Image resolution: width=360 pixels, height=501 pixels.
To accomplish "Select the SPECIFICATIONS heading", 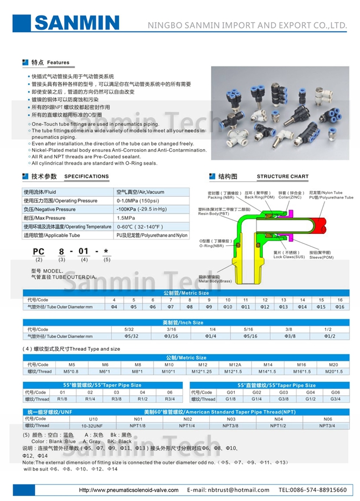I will pyautogui.click(x=86, y=176).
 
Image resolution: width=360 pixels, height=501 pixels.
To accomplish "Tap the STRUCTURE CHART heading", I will pyautogui.click(x=282, y=176).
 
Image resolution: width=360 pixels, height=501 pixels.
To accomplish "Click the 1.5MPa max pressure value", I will pyautogui.click(x=126, y=218).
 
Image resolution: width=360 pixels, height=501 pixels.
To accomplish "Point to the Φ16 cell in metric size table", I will pyautogui.click(x=340, y=306).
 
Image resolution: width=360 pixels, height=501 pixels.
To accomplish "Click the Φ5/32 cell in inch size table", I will pyautogui.click(x=131, y=336).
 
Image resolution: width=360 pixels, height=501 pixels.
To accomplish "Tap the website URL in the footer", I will pyautogui.click(x=128, y=490).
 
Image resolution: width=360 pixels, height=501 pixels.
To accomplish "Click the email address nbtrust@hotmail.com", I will pyautogui.click(x=228, y=490).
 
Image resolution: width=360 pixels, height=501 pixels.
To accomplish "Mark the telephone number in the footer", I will pyautogui.click(x=313, y=490).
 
